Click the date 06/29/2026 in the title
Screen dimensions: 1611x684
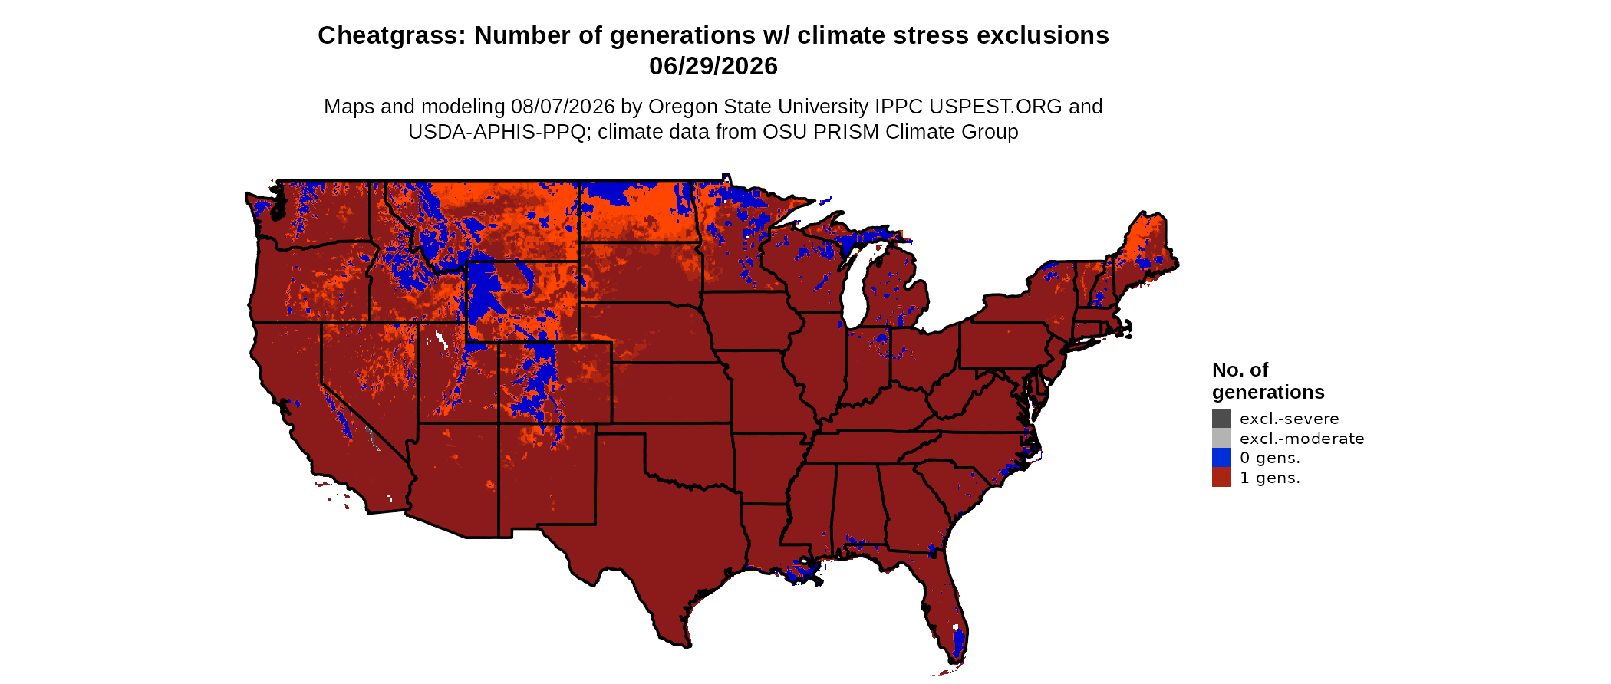tap(713, 66)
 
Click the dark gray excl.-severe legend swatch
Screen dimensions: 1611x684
tap(1221, 419)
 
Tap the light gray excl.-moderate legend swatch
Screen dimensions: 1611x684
tap(1221, 438)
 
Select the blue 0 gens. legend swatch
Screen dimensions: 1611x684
tap(1221, 458)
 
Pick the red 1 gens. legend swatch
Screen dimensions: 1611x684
tap(1221, 477)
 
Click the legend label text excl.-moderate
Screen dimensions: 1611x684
tap(1302, 439)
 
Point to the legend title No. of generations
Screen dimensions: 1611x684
tap(1268, 381)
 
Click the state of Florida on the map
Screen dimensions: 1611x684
tap(940, 598)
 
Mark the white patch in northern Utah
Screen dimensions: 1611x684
tap(441, 338)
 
